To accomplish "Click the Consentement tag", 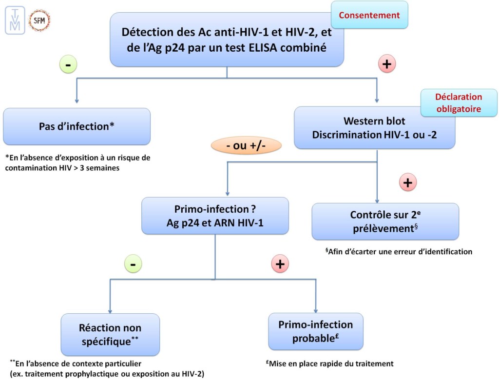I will [x=369, y=15].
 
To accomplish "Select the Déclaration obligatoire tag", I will [x=451, y=102].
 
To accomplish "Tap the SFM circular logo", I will [x=39, y=20].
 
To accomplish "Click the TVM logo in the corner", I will [x=15, y=20].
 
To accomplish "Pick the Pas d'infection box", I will [x=77, y=126].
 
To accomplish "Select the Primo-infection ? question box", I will [x=214, y=216].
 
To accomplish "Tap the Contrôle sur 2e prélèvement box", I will [x=385, y=222].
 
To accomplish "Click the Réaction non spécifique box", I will [x=110, y=334].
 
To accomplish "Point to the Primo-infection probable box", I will [x=315, y=331].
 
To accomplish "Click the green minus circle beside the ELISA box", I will [x=68, y=64].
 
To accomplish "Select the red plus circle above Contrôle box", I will [x=408, y=183].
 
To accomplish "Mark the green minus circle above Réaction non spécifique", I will [x=133, y=264].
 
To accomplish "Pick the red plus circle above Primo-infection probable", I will [x=280, y=264].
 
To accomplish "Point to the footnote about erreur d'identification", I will [x=399, y=252].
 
